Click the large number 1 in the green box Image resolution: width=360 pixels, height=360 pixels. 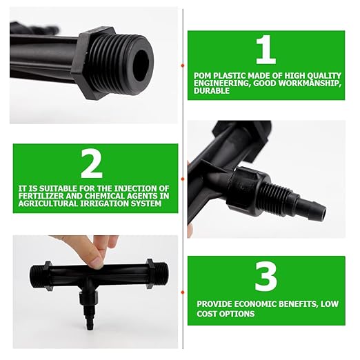coord(266,50)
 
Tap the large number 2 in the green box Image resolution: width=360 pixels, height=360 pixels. coord(92,164)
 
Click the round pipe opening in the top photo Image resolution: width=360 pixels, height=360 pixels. coord(141,63)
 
